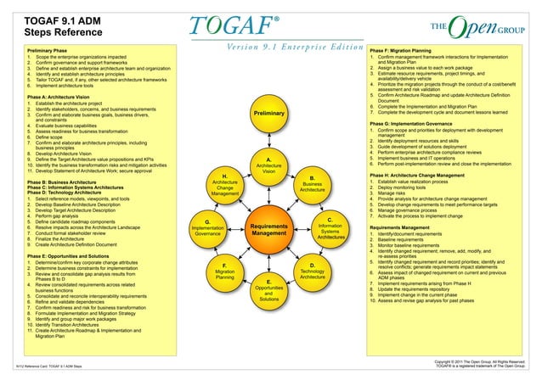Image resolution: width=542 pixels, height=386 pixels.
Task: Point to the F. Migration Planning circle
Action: click(224, 271)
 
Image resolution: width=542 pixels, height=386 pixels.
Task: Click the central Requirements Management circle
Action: click(268, 227)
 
